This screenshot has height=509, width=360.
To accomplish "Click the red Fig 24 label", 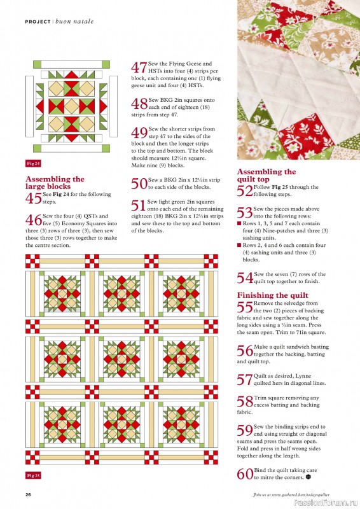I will pos(33,164).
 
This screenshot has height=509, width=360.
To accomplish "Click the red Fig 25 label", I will pos(33,475).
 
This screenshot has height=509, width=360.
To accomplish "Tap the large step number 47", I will pos(139,68).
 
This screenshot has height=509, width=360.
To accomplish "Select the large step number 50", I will pos(139,184).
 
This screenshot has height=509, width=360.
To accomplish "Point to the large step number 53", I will pos(244,213).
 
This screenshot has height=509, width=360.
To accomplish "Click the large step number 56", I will pos(244,351).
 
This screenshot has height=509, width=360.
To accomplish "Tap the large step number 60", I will pos(244,474).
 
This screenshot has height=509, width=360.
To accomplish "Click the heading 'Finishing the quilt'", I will pos(272,295).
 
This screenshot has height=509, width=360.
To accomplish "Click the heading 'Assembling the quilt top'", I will pos(266,176).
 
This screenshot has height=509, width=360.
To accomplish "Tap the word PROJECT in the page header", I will pos(38,21).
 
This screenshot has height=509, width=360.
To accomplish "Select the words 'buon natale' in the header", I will pos(74,21).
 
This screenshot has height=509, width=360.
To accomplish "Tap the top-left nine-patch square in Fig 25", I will pos(31,260).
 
